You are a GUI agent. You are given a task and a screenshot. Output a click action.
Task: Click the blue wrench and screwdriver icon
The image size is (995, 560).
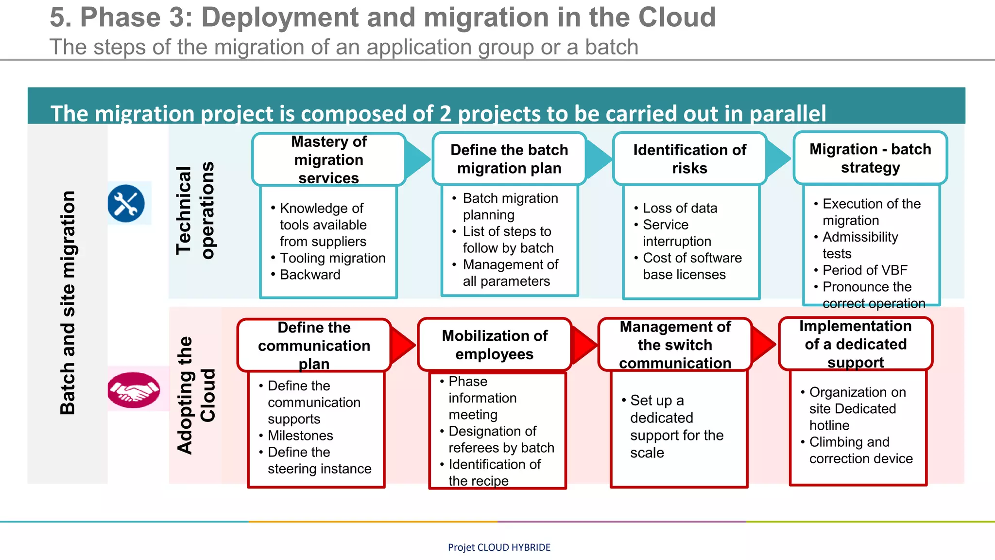point(126,203)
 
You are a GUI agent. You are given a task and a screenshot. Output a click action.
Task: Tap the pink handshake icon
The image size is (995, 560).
point(134,389)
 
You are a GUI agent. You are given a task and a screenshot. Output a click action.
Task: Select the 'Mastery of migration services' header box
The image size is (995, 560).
point(329,159)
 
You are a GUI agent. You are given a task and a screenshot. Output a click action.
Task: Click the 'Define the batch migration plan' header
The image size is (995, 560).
point(509,159)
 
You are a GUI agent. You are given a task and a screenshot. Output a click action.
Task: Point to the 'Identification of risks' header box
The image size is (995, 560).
point(689,159)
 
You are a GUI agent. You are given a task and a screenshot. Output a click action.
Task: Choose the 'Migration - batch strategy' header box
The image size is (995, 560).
point(870,158)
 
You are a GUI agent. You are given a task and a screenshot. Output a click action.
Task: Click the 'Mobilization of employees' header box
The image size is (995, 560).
point(495,345)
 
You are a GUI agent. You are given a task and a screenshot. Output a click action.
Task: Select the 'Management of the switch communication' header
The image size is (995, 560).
point(675,345)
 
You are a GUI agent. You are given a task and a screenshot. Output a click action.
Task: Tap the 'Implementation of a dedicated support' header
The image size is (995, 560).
point(856,344)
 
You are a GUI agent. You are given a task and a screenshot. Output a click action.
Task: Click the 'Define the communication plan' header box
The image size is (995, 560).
point(314,345)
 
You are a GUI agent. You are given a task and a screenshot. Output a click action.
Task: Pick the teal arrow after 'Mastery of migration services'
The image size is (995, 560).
point(417,159)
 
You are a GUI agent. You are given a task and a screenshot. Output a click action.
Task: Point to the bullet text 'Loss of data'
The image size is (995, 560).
point(680,208)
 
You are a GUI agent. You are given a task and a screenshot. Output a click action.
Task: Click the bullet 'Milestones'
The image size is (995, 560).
point(300,435)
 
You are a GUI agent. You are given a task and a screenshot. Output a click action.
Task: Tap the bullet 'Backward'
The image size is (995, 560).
point(310,275)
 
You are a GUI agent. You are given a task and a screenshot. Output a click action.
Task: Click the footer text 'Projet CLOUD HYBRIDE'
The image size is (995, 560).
point(499,547)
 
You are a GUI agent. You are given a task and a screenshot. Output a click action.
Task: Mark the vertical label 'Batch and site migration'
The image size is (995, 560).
point(68,302)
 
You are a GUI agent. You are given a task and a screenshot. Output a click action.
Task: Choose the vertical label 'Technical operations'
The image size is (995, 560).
point(195,210)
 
